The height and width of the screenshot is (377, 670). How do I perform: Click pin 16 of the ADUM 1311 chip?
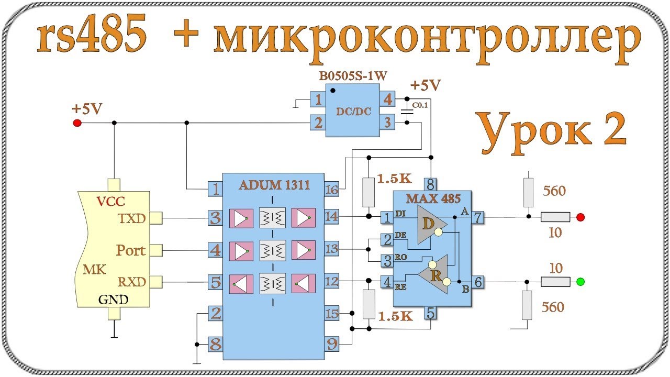coord(332,189)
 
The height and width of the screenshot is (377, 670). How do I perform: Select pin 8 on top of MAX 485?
coord(430,184)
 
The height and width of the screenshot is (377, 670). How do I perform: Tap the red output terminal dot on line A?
coord(580,217)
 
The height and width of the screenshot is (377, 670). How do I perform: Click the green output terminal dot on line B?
coord(580,282)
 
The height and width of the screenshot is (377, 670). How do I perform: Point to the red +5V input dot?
coord(77,123)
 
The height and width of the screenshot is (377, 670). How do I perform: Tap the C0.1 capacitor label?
coord(420,106)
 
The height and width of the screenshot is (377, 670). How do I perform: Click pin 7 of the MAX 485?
coord(478,217)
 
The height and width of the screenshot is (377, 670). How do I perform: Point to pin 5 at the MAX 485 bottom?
coord(430,313)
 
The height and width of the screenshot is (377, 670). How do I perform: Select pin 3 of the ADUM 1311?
coord(215,218)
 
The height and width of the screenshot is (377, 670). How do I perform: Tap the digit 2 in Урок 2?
coord(610,130)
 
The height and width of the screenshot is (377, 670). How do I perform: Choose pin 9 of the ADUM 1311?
coord(332,345)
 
